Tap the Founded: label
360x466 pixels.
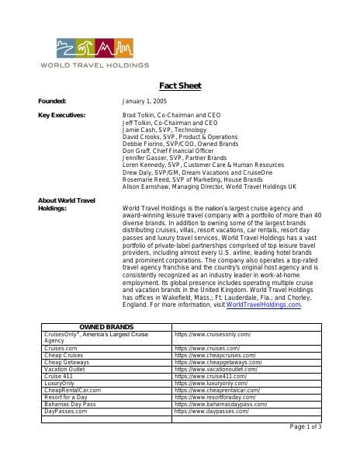52,102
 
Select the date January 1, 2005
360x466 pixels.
145,102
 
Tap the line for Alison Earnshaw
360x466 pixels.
209,187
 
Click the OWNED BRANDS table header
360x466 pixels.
107,327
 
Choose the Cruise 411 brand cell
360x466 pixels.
58,376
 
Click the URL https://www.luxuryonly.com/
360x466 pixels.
211,383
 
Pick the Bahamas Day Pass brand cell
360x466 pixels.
70,404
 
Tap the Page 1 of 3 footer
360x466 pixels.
305,426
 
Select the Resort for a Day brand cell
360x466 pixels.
66,397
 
